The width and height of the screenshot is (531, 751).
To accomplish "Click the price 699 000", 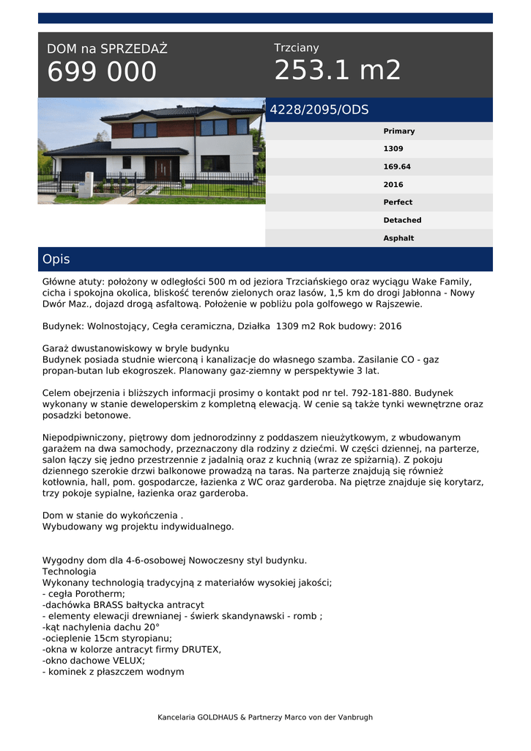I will [x=102, y=72].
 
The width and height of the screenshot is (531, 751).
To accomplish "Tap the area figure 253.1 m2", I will [x=338, y=70].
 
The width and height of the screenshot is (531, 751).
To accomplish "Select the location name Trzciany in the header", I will [x=297, y=48].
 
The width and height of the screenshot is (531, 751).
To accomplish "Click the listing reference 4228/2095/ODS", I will [x=319, y=110].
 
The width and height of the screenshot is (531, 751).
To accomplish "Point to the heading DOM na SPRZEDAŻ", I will [x=107, y=49].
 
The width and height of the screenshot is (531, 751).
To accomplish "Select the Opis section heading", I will [x=56, y=260].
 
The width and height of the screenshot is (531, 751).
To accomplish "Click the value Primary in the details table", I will [x=398, y=131].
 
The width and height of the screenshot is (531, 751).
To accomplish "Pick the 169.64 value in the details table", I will [x=397, y=166].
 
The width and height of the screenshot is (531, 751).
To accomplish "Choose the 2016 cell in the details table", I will [x=393, y=185].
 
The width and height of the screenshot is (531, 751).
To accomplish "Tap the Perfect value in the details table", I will [x=398, y=202].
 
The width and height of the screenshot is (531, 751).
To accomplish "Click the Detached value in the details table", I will [x=402, y=220].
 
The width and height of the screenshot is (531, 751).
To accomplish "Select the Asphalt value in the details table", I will [x=398, y=238].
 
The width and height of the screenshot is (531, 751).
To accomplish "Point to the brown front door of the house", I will [x=162, y=170].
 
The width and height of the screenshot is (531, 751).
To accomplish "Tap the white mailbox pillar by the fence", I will [x=85, y=185].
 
